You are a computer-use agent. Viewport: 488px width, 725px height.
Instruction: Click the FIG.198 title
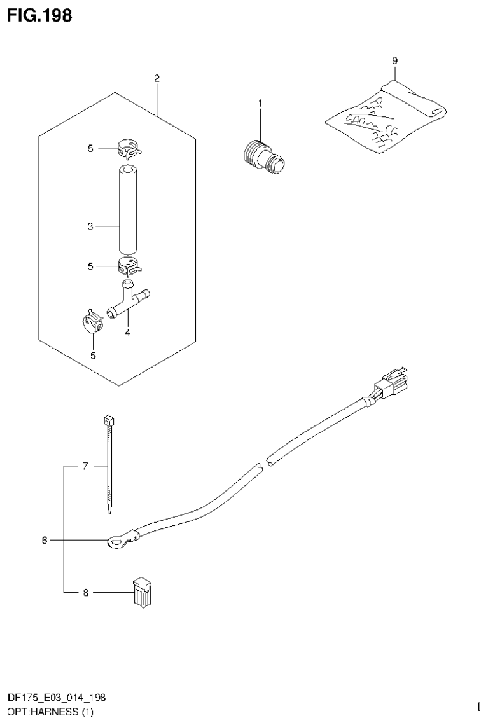(39, 15)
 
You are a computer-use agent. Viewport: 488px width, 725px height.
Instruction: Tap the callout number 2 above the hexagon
(157, 79)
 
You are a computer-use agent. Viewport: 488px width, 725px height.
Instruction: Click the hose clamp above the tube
(129, 149)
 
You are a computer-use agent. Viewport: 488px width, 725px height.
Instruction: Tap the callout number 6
(45, 541)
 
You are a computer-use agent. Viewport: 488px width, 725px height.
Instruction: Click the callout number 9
(394, 60)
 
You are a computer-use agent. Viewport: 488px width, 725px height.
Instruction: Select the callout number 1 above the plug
(260, 103)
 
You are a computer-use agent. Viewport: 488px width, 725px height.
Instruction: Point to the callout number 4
(127, 331)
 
